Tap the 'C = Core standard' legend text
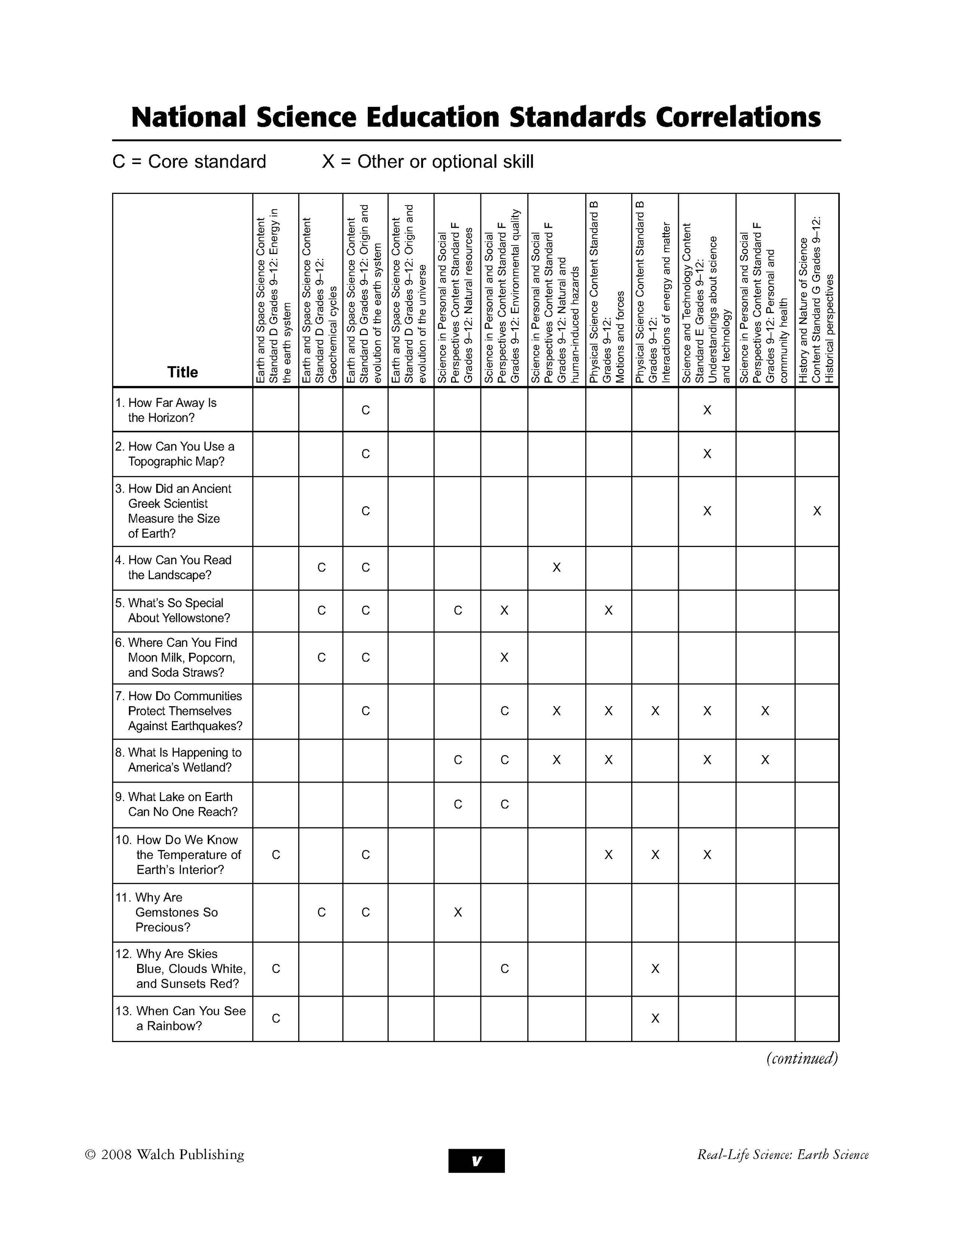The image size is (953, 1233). [189, 162]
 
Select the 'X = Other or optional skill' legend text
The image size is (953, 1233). [428, 162]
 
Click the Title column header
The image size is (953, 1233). [182, 372]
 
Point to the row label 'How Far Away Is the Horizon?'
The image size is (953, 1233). [172, 410]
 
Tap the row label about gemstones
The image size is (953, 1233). [176, 912]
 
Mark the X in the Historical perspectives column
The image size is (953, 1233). [816, 511]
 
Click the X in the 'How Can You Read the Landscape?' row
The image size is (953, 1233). [556, 568]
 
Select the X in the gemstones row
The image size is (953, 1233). [457, 912]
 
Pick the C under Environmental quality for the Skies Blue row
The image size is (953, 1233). [504, 969]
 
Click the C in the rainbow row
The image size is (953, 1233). [276, 1019]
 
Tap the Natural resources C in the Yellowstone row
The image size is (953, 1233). [457, 610]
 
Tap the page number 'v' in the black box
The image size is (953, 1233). [476, 1161]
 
